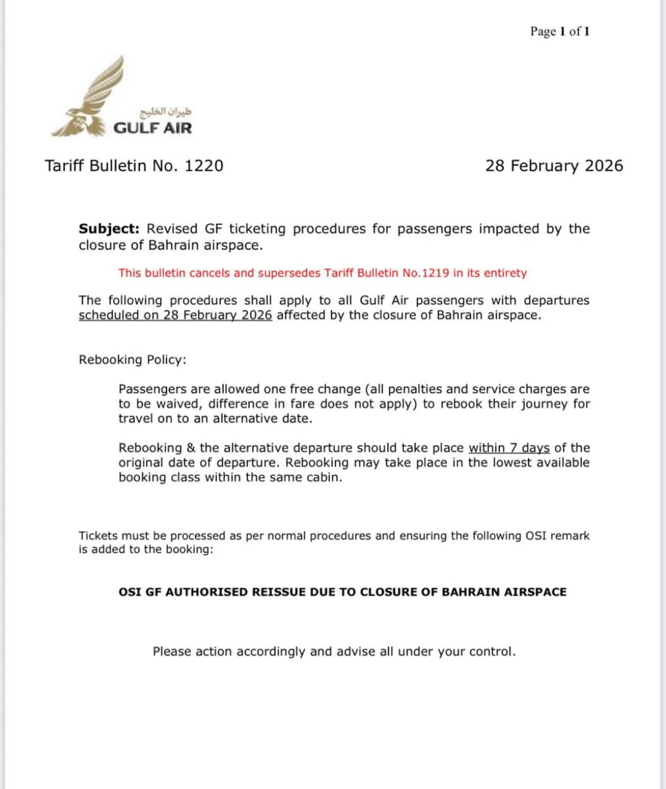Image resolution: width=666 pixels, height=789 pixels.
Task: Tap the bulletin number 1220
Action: (x=203, y=166)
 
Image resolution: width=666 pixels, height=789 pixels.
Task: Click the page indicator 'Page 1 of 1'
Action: (x=559, y=31)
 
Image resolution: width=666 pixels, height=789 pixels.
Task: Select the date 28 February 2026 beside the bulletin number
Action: (x=554, y=166)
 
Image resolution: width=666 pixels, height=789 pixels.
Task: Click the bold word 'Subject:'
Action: (x=109, y=229)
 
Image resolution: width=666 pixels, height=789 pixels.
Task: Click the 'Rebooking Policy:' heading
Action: (x=132, y=359)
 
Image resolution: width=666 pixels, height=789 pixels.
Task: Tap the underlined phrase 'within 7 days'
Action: (x=509, y=448)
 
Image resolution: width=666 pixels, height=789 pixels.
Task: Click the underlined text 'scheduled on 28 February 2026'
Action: (x=175, y=315)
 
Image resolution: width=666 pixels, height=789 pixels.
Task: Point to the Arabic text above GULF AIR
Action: (x=166, y=112)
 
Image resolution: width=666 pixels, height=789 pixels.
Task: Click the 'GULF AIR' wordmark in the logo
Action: (x=153, y=128)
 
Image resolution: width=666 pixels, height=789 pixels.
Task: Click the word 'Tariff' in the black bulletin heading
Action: (x=65, y=166)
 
